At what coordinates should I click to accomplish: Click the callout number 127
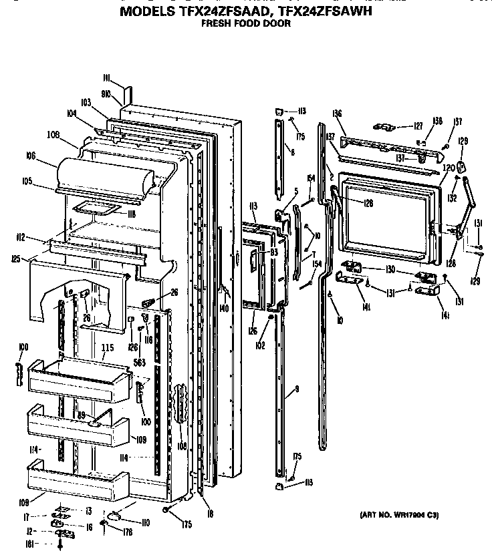[x=418, y=126]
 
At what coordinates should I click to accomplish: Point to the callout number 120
[x=449, y=166]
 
